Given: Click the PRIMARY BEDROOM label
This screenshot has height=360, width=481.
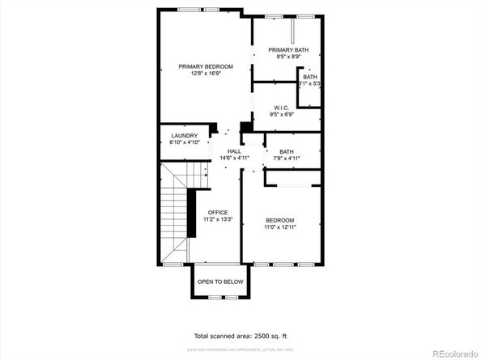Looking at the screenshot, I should click(x=206, y=66).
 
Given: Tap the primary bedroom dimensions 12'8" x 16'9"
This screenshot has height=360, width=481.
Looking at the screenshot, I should click(x=206, y=74).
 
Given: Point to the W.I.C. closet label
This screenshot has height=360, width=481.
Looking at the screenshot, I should click(x=282, y=108).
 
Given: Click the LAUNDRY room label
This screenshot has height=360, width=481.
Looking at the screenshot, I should click(x=184, y=135).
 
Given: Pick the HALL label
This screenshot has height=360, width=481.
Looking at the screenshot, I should click(x=234, y=151).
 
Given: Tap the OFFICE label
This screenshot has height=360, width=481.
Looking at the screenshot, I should click(x=218, y=212).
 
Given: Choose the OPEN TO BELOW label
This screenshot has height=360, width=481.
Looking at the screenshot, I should click(x=220, y=282).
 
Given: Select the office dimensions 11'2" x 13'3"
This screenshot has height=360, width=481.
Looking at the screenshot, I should click(x=218, y=219).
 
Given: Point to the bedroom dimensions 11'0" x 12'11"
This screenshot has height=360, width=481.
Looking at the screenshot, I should click(x=280, y=227).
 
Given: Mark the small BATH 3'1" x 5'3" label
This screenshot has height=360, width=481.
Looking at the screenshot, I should click(x=310, y=77).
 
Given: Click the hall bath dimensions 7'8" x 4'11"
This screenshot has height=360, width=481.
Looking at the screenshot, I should click(x=287, y=159).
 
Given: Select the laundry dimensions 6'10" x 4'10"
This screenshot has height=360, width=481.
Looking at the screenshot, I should click(x=184, y=142).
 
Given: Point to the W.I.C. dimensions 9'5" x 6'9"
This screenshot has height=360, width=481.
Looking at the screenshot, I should click(x=282, y=115).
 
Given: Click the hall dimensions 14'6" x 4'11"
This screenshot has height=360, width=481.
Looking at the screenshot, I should click(x=234, y=159).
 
